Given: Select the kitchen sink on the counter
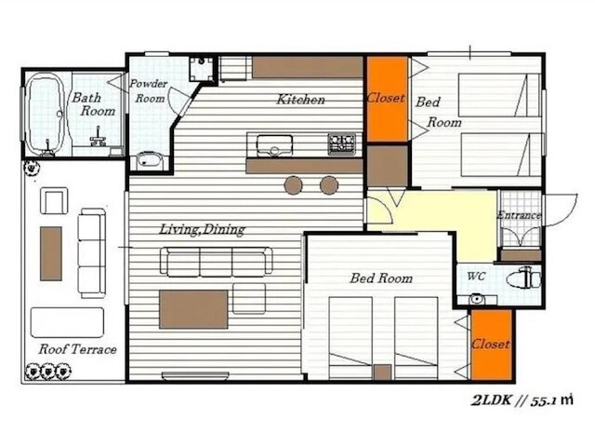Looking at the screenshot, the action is click(274, 145).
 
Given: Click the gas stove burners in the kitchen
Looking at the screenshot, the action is click(341, 144).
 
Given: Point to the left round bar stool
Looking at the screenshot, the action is click(294, 185).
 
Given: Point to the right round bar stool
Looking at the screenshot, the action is click(329, 185).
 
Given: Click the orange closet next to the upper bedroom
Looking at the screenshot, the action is click(387, 99).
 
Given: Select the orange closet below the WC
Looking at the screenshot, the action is click(492, 345).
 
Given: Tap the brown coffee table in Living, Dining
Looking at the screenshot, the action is click(193, 309).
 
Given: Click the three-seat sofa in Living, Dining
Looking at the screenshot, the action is click(216, 262).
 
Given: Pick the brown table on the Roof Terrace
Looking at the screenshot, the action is click(51, 253).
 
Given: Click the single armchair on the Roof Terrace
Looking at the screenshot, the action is click(54, 201).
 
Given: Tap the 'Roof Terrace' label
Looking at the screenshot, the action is click(77, 349).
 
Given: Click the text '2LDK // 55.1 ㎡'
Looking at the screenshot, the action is click(522, 400).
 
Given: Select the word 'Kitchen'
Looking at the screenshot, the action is click(300, 100).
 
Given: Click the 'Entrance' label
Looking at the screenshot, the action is click(519, 215).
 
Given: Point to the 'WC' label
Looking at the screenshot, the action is click(476, 277).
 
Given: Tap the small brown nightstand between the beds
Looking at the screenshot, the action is click(382, 372).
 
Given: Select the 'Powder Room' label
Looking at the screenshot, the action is click(149, 91).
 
